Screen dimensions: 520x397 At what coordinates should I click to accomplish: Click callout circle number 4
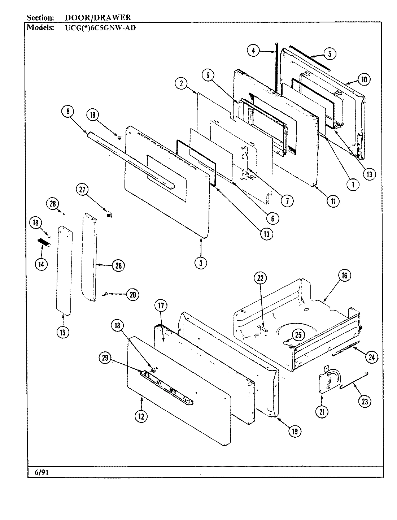[x=253, y=51]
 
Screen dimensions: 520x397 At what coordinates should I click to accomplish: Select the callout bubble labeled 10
[x=364, y=79]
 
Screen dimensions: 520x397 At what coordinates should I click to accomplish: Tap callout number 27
[x=82, y=190]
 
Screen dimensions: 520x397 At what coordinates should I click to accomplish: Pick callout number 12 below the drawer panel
[x=141, y=416]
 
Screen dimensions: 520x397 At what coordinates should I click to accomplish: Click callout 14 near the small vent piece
[x=41, y=264]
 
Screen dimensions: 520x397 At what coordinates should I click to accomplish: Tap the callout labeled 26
[x=118, y=266]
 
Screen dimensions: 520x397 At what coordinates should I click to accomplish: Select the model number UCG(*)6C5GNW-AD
[x=97, y=27]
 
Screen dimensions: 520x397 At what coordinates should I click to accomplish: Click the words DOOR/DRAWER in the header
[x=98, y=17]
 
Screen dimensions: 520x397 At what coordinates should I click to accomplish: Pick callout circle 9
[x=208, y=75]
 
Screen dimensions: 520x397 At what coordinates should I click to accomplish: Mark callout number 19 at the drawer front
[x=295, y=430]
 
